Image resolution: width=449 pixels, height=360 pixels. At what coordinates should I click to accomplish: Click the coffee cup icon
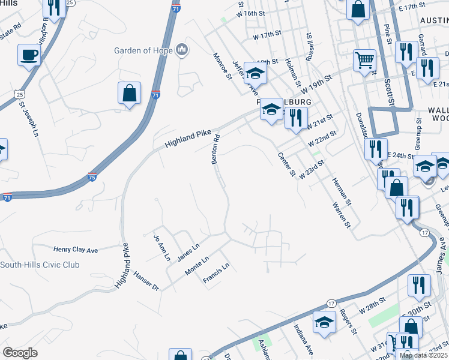click(x=29, y=56)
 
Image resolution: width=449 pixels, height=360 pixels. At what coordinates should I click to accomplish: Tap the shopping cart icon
click(x=364, y=61)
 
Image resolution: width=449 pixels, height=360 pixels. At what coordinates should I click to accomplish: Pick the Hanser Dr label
click(x=146, y=282)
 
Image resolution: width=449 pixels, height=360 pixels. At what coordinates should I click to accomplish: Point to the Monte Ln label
click(x=197, y=264)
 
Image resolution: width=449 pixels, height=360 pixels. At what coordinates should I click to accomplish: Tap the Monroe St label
click(x=222, y=65)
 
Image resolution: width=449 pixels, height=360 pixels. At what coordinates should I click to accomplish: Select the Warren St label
click(x=341, y=215)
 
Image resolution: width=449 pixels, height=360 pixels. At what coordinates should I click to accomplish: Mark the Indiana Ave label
click(x=303, y=339)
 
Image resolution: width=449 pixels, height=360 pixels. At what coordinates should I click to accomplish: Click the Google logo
click(x=20, y=353)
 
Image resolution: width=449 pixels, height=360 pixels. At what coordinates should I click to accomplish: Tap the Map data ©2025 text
click(x=423, y=355)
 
